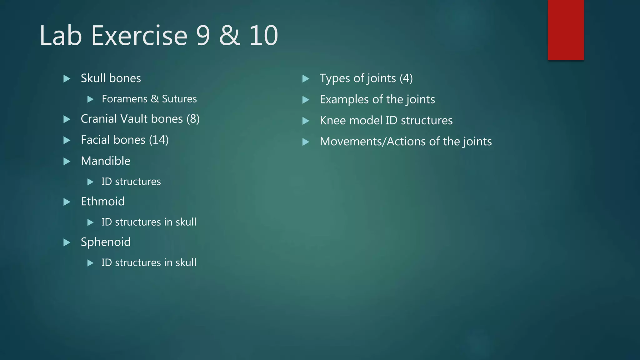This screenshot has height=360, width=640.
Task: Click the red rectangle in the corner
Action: coord(566,30)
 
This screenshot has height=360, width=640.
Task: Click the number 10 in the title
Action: coord(263,36)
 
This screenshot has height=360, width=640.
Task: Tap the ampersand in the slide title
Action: coord(230,36)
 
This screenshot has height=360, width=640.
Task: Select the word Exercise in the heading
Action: coord(139,36)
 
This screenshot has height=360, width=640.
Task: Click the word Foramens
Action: coord(124,99)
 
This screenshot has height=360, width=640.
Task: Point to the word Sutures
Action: coord(179,99)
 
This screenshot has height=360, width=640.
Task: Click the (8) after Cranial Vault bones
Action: coord(193,119)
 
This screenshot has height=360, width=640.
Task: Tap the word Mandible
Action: coord(105,161)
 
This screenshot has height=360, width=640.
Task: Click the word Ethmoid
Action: coord(102,202)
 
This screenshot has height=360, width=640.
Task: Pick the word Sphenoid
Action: coord(106,242)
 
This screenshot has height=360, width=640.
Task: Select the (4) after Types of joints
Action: coord(406,78)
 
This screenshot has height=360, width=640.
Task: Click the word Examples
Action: coord(344,99)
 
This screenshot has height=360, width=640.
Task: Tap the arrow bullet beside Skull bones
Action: coord(67,79)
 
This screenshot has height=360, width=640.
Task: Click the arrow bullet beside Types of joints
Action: coord(306,79)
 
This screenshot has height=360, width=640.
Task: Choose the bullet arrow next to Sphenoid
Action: coord(67,242)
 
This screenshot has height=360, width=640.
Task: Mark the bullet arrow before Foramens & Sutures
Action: coord(90,99)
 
